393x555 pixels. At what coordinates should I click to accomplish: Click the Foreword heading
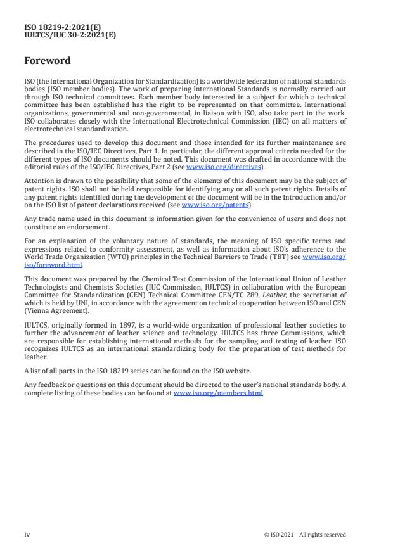[48, 61]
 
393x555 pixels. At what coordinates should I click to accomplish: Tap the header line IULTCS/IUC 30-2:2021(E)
[70, 35]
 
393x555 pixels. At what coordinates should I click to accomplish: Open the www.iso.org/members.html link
[219, 393]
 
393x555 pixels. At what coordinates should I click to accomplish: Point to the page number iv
[27, 534]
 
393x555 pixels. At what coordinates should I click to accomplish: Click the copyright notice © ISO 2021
[305, 535]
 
